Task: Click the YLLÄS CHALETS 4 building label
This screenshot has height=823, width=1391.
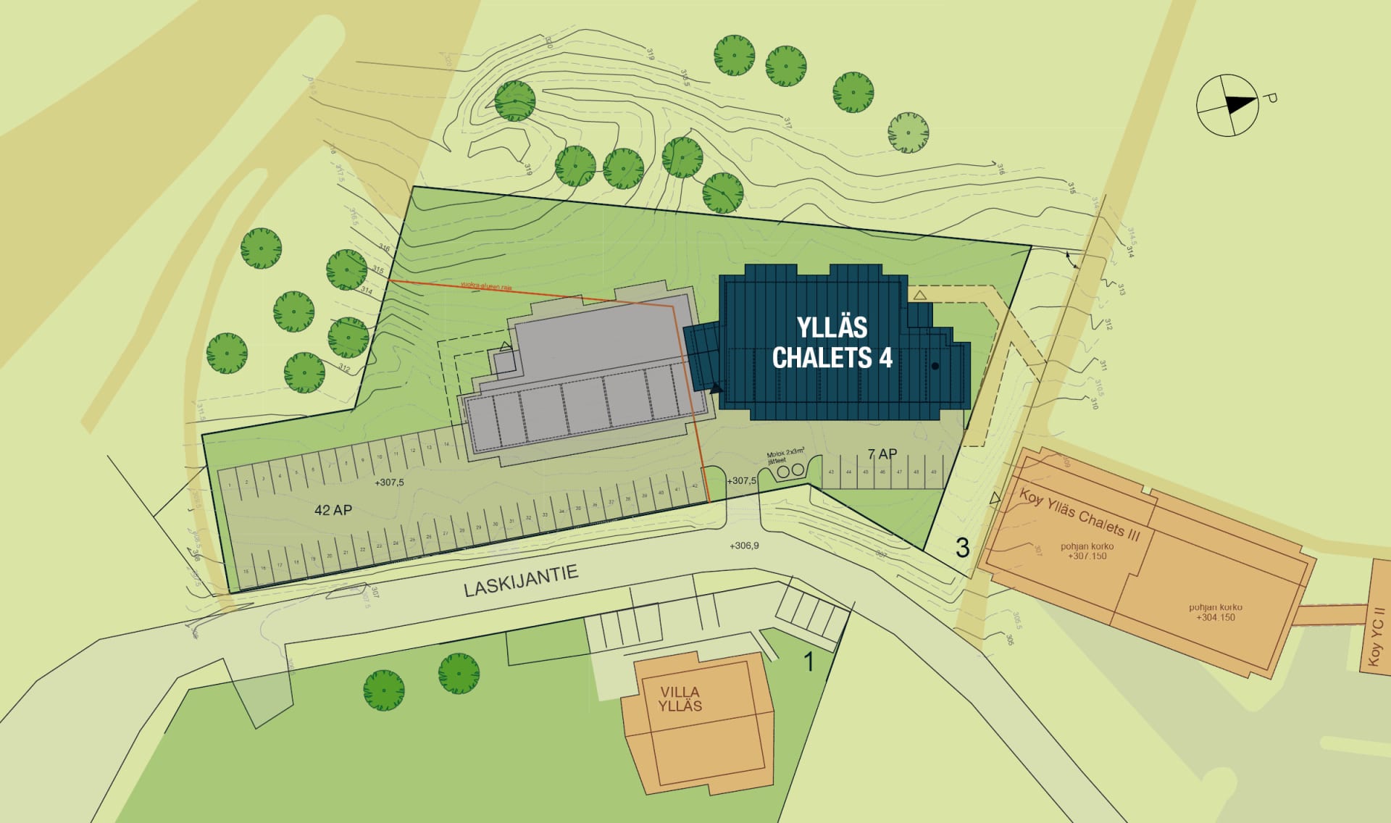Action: tap(832, 343)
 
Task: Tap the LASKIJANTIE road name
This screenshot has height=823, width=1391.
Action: tap(521, 581)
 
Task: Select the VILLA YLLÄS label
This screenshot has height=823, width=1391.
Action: tap(680, 699)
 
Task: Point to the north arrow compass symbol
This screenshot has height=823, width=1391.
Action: tap(1227, 105)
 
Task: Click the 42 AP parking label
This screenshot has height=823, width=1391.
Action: tap(333, 510)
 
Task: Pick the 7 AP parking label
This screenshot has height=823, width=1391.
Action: tap(882, 454)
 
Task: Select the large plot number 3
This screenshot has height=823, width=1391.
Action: tap(962, 548)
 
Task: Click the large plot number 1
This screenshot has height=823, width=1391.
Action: tap(809, 661)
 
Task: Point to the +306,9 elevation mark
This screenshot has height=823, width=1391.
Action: tap(744, 546)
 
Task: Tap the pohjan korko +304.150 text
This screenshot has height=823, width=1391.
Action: tap(1216, 612)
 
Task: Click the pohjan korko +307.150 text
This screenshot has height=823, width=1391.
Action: tap(1087, 551)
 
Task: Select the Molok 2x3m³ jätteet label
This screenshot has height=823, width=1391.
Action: tap(785, 456)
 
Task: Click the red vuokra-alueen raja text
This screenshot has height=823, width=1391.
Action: tap(486, 286)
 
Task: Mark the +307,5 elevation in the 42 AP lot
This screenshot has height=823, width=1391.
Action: tap(389, 482)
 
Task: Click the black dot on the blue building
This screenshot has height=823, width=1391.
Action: tap(935, 366)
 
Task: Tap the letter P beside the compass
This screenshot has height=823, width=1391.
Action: tap(1269, 98)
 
